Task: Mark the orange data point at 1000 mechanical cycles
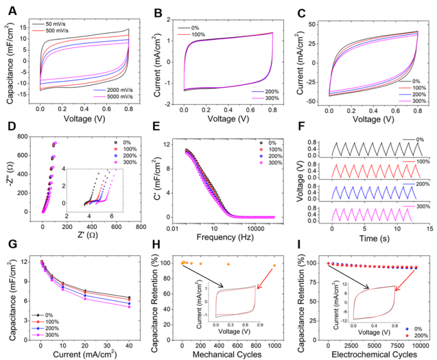click(274, 266)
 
